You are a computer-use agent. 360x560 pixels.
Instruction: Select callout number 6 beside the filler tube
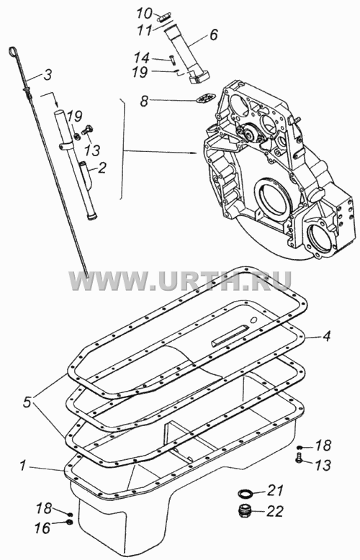click(213, 35)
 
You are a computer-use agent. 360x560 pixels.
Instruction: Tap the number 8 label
click(143, 101)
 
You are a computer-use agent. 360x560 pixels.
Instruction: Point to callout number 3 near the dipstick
click(48, 75)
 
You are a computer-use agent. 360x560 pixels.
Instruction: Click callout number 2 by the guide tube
click(102, 168)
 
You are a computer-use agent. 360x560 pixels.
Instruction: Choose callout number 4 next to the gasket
click(326, 336)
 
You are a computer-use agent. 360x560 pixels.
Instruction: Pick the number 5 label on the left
click(27, 402)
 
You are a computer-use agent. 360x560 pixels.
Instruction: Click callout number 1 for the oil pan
click(23, 466)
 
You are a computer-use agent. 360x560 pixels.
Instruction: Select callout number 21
click(276, 491)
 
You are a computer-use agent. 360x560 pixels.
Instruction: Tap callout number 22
click(275, 512)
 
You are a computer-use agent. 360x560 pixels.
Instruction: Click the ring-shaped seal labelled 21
click(246, 494)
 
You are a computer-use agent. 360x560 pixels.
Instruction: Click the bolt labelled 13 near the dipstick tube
click(87, 130)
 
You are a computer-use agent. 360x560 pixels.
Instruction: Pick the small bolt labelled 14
click(172, 59)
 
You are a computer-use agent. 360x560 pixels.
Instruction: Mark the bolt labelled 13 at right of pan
click(300, 458)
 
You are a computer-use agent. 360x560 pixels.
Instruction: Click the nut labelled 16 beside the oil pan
click(70, 523)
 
